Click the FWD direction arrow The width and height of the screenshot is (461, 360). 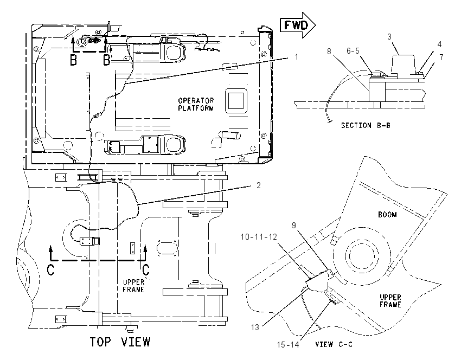point(298,25)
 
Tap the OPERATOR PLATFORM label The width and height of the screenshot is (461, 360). point(196,104)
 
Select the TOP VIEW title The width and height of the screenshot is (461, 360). point(120,342)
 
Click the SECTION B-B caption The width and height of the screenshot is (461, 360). point(366,125)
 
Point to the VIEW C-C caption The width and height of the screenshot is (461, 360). point(334,344)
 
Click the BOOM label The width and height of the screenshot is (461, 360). point(387,215)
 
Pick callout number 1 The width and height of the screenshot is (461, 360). point(296,56)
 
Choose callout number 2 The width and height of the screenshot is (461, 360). point(258,185)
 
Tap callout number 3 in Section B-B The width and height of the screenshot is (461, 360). point(389,37)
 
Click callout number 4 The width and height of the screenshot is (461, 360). point(439,44)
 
